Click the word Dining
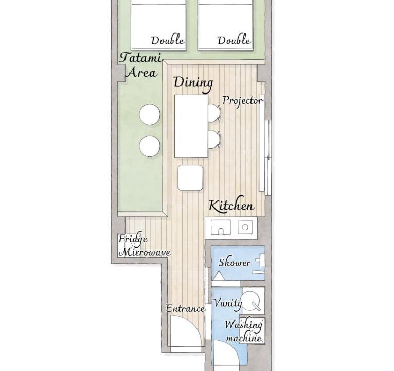[193, 83]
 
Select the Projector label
[243, 101]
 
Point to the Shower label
[235, 262]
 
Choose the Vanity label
[227, 302]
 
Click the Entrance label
[186, 308]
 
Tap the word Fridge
[133, 239]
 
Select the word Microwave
[145, 252]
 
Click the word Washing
[243, 325]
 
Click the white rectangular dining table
[191, 126]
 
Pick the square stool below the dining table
[190, 177]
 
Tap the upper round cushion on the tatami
[150, 114]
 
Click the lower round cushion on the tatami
[150, 146]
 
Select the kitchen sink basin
[221, 227]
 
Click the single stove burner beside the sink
[245, 227]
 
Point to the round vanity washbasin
[252, 300]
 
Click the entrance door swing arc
[195, 327]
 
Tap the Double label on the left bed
[168, 41]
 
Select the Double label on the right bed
[234, 41]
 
